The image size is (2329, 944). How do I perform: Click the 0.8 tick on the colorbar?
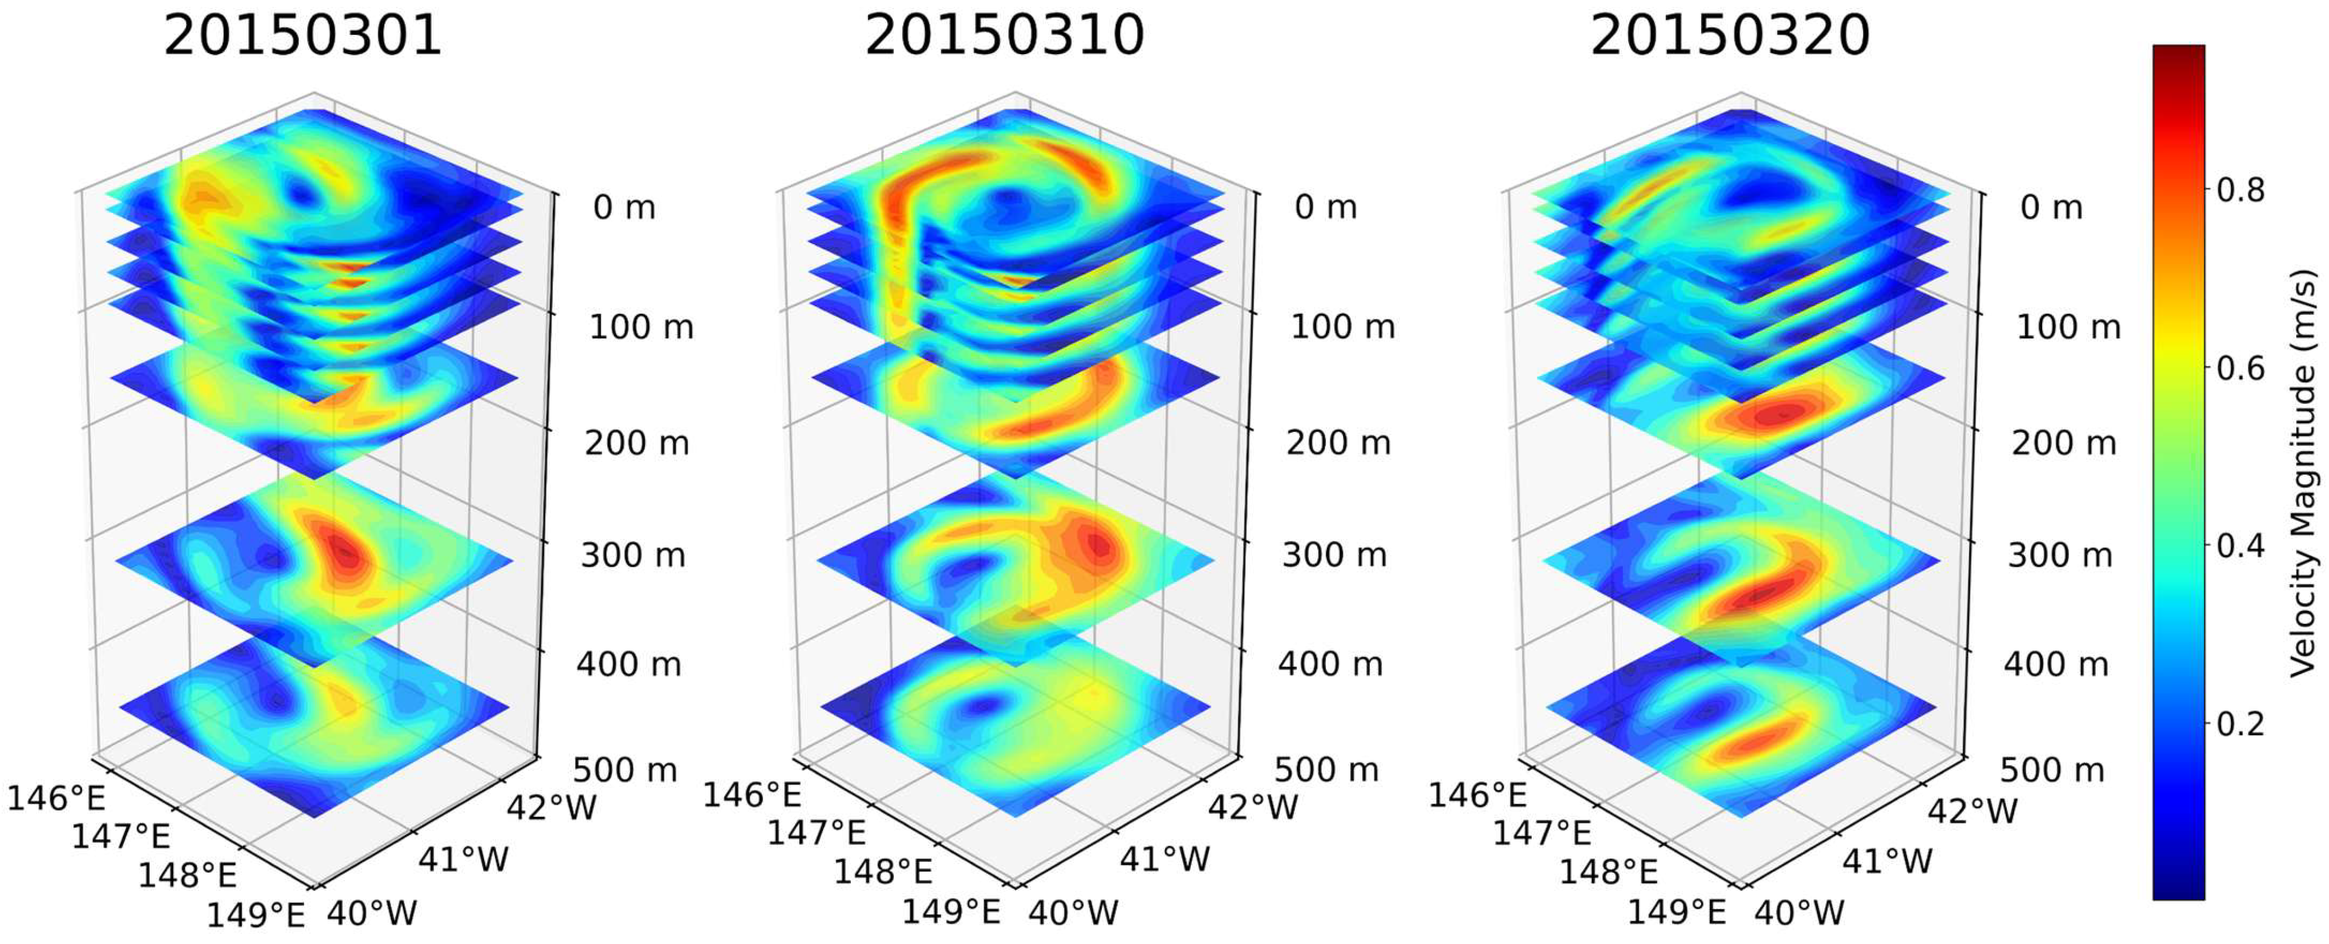point(2241,190)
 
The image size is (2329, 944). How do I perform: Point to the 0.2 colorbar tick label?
point(2241,724)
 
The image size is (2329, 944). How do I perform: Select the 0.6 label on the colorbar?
point(2241,368)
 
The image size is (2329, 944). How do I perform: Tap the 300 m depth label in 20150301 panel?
point(633,554)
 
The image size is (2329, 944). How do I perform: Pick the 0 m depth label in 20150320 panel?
point(2051,207)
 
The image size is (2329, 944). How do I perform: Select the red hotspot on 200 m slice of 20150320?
point(1763,415)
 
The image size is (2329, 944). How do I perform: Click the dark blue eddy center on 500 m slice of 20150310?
point(981,704)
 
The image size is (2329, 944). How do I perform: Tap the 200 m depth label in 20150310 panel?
point(1338,443)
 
